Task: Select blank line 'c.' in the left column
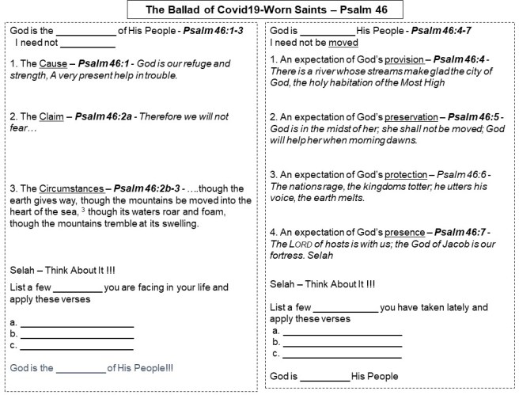(77, 346)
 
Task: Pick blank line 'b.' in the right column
(343, 342)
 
